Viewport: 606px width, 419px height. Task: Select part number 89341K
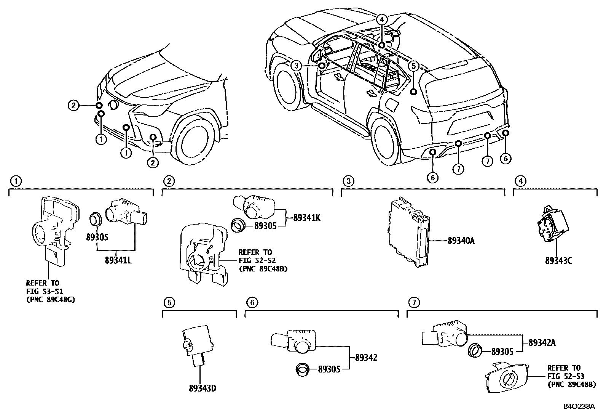click(307, 218)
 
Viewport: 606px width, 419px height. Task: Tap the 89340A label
click(461, 241)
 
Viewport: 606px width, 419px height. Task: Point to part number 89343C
click(558, 261)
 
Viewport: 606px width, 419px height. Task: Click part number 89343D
click(203, 388)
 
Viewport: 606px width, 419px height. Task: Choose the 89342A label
click(542, 342)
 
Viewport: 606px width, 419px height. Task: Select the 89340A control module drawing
click(409, 234)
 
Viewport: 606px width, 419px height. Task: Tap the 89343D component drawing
click(197, 343)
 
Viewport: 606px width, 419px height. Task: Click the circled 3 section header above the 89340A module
click(348, 181)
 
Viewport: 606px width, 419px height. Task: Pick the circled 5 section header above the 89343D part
click(169, 303)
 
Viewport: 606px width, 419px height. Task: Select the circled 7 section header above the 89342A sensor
click(414, 303)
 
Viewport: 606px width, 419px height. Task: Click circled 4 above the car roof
click(382, 19)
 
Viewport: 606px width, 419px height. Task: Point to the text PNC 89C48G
click(50, 300)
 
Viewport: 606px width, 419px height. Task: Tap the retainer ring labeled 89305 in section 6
click(303, 369)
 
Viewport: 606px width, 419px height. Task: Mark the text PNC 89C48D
click(263, 269)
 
